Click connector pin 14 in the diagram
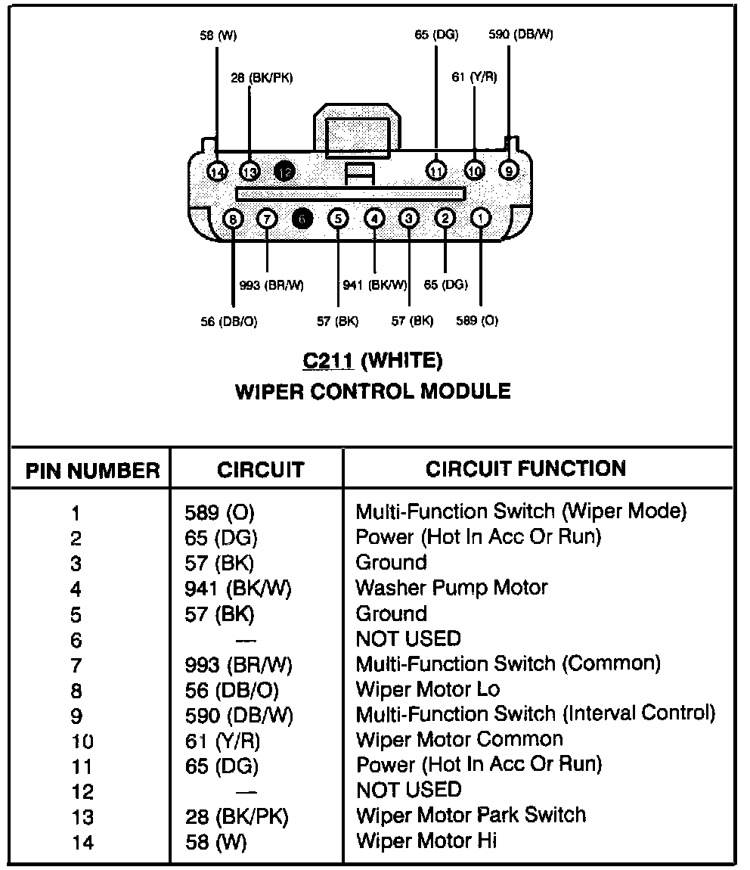point(218,172)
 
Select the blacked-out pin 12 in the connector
point(285,172)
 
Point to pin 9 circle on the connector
point(510,171)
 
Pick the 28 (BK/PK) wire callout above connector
point(262,77)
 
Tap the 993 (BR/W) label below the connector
point(271,285)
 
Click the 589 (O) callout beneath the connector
point(477,321)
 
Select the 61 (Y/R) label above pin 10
point(474,77)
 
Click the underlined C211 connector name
point(327,361)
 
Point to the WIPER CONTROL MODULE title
point(373,392)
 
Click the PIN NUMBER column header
point(93,471)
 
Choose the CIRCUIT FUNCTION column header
point(526,469)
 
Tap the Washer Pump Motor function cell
point(451,588)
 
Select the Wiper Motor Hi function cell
point(426,840)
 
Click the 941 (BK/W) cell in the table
point(238,588)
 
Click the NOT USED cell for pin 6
point(408,639)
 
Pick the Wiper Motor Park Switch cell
point(470,816)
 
